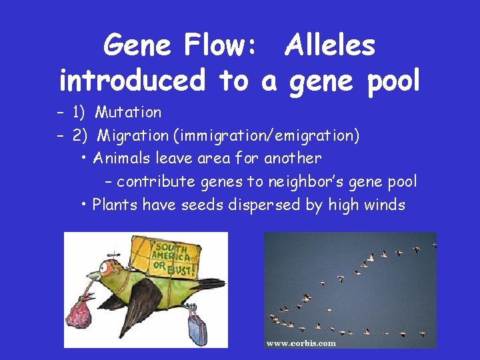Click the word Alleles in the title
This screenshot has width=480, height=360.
[x=329, y=46]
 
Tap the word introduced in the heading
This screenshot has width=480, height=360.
[x=132, y=81]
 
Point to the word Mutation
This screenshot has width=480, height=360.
[x=128, y=112]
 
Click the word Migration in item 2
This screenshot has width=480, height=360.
[x=133, y=136]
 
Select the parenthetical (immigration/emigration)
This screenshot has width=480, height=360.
[x=266, y=136]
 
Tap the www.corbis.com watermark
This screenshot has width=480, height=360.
[x=301, y=343]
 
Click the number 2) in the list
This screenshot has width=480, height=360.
[x=80, y=136]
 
